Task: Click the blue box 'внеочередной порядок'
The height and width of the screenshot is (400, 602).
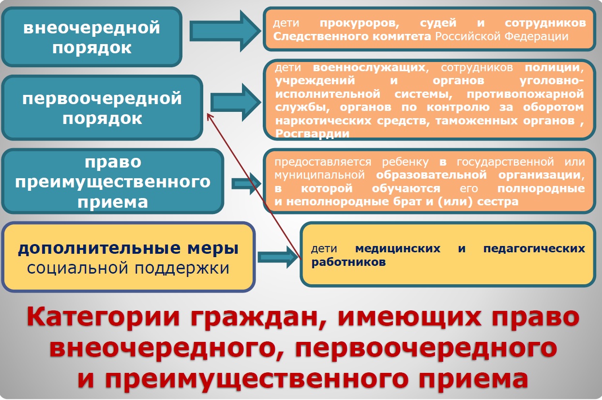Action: [92, 37]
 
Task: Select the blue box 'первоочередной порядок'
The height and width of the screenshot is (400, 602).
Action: [102, 108]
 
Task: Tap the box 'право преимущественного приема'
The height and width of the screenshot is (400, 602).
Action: [113, 181]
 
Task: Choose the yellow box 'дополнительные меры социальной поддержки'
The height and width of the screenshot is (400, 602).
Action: [128, 257]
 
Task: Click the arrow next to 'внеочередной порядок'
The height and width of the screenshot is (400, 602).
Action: [225, 31]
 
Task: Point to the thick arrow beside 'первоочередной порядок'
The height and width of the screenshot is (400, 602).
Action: [236, 103]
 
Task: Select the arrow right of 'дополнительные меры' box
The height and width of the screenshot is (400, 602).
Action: [278, 257]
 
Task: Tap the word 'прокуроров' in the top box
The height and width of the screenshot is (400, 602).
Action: [360, 23]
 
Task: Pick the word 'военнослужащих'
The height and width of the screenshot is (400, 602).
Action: [369, 67]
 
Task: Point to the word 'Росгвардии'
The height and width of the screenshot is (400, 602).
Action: [312, 134]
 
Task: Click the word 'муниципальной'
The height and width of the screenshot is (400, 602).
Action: [319, 175]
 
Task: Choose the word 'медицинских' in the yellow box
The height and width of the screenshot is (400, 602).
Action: [398, 248]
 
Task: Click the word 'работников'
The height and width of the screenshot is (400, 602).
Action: [348, 262]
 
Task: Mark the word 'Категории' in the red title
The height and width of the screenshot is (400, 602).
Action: [104, 317]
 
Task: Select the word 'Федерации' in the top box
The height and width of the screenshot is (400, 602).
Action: [536, 36]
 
